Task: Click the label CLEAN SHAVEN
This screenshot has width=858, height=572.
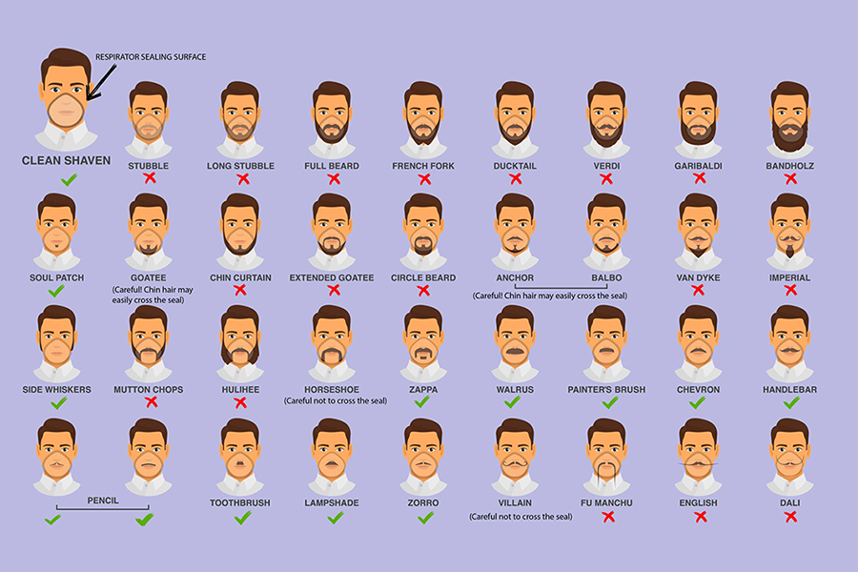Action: (67, 160)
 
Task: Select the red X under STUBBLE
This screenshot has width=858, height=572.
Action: (149, 178)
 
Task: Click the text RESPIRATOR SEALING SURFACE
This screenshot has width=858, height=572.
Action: (151, 57)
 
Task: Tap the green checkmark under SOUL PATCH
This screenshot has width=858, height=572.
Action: (57, 291)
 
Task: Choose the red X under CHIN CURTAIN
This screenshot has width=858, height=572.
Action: (241, 291)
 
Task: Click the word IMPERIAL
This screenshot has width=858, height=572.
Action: (789, 278)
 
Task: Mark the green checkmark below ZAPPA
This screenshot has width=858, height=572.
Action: (422, 402)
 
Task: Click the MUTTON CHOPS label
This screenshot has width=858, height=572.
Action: (148, 390)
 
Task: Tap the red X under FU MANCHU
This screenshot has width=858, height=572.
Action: (607, 517)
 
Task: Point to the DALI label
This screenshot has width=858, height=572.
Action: (789, 502)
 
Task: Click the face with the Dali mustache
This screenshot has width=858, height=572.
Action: (789, 450)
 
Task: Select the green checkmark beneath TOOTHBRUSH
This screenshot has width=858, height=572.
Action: (241, 517)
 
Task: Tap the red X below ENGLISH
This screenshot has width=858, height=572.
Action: (699, 517)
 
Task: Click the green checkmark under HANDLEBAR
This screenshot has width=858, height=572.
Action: (789, 402)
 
